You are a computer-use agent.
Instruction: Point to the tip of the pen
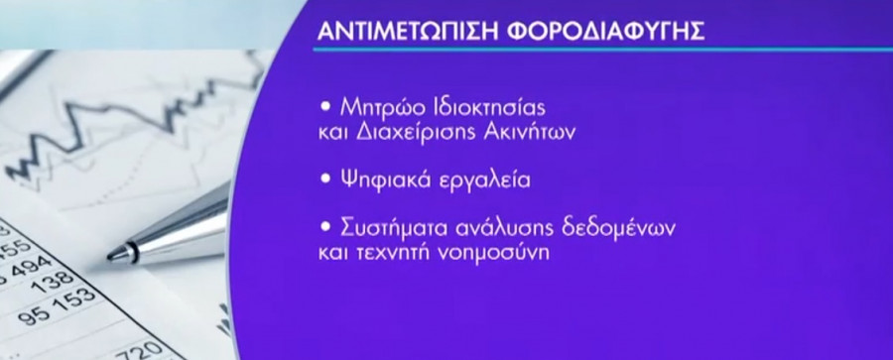pyautogui.click(x=111, y=256)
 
